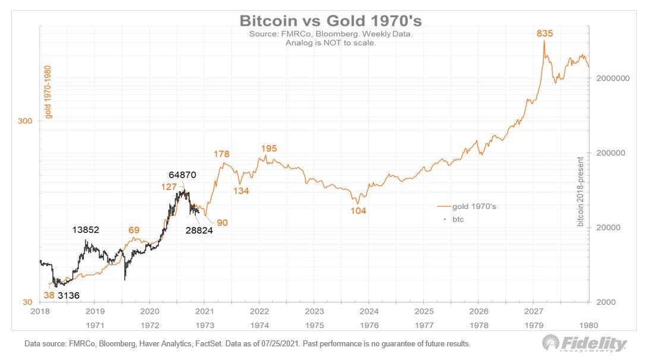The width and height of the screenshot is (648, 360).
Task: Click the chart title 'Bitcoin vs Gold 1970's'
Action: pos(331,21)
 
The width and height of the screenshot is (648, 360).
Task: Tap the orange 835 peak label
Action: pos(545,34)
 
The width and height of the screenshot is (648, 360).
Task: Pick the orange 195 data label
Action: pos(269,148)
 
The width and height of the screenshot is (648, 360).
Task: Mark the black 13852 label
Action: pos(86,230)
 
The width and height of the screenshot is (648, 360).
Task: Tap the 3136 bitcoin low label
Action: pos(69,295)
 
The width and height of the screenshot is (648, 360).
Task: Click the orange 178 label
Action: pos(221,154)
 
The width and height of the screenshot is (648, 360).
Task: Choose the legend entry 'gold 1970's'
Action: pos(474,206)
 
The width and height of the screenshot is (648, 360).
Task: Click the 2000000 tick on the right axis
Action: pos(612,78)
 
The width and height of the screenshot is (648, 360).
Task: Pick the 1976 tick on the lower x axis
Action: pos(369,325)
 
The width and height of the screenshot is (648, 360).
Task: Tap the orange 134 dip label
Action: pos(241,191)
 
